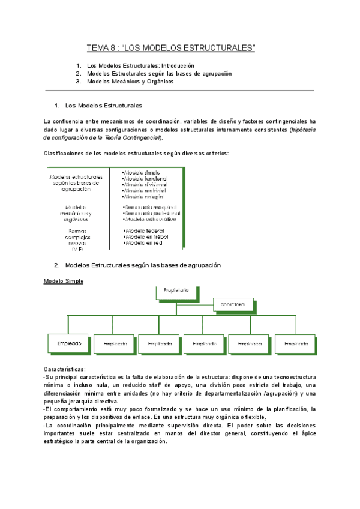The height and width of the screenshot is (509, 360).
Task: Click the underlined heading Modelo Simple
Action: click(x=64, y=281)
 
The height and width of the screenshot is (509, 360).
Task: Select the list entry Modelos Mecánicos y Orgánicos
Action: click(x=130, y=82)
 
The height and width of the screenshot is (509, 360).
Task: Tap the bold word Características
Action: click(x=65, y=369)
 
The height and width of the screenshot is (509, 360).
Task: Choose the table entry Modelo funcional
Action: click(x=146, y=179)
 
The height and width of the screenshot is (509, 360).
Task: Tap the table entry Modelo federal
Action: click(x=145, y=230)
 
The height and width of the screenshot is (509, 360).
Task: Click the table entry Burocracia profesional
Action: click(x=152, y=212)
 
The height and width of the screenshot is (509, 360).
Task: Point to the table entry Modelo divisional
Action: click(x=146, y=185)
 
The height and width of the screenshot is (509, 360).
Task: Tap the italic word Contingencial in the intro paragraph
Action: click(x=142, y=137)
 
